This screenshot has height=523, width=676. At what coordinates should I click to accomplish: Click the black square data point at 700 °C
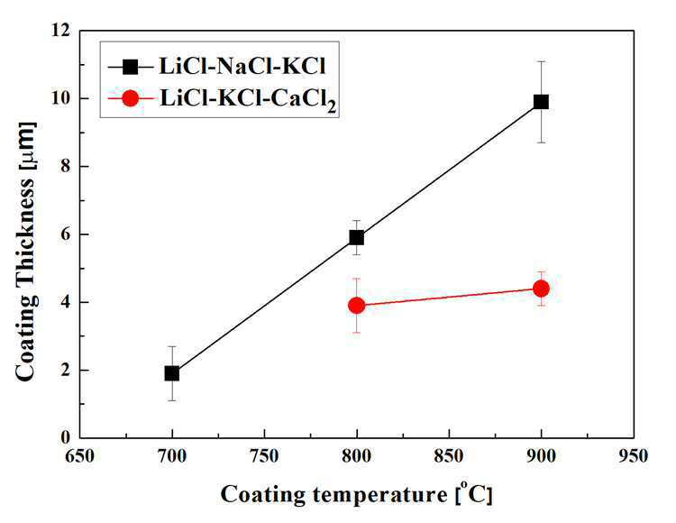pos(172,373)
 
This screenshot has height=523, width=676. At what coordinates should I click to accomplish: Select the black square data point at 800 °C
pos(357,237)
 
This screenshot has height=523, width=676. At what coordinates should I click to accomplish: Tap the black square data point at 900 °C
pos(541,102)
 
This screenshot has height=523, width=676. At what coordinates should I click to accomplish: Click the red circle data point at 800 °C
pos(357,306)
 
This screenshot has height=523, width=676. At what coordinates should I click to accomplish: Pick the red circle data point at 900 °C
pos(541,289)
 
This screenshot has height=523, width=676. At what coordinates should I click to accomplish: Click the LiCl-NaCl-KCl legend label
pos(242,66)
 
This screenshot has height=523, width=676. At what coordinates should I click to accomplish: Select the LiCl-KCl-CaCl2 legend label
pos(248,100)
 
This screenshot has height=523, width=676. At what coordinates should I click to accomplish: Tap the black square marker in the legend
pos(130,67)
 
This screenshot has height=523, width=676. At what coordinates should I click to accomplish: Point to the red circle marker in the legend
pos(130,98)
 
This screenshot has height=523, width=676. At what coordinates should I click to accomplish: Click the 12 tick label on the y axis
pos(59,31)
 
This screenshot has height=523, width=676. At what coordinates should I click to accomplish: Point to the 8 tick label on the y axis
pos(65,167)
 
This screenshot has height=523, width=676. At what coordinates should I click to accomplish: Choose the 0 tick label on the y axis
pos(65,437)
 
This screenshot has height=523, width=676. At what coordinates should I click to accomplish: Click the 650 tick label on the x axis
pos(79,455)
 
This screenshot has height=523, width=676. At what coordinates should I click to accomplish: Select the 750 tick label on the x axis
pos(264,455)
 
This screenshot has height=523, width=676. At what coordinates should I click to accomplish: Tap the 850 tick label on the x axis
pos(449,455)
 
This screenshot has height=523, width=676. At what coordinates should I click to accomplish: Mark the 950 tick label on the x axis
pos(634,455)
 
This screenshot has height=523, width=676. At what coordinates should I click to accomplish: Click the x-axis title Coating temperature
pos(334,495)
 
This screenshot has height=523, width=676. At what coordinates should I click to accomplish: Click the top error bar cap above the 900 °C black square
pos(541,61)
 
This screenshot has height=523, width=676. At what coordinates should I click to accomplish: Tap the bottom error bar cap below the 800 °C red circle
pos(357,333)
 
